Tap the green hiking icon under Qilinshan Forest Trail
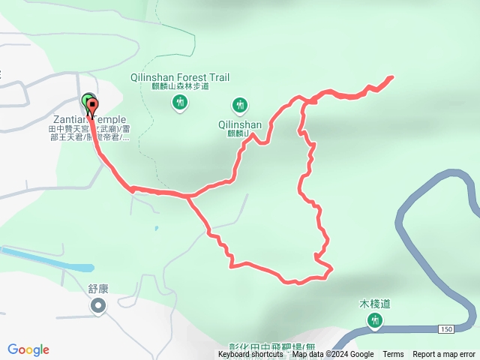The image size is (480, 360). pos(179,103)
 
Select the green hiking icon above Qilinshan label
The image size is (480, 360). pos(240,104)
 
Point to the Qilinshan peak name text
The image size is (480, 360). pos(240,125)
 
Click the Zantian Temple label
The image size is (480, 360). pos(89,119)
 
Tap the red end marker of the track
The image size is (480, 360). pos(92,106)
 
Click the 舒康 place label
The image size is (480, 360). pos(98,286)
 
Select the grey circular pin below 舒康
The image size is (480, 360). pos(98,305)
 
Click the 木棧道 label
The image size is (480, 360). pos(375,304)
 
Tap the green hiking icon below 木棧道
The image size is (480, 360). pos(375,321)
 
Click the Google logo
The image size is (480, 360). pos(28,349)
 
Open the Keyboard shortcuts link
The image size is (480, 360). pos(250,355)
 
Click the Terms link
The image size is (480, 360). pos(393,355)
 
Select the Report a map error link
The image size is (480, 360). pos(444,355)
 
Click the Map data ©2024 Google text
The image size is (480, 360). pos(333,355)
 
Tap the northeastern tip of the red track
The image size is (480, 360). pos(391,77)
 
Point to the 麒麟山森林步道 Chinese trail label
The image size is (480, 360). pos(179,88)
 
